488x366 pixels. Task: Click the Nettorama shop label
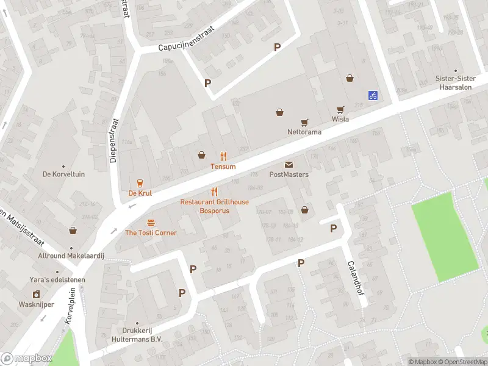pyautogui.click(x=304, y=132)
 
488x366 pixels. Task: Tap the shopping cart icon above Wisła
pyautogui.click(x=340, y=109)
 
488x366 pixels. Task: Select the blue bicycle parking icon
pyautogui.click(x=372, y=95)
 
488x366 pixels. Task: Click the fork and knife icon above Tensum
pyautogui.click(x=223, y=156)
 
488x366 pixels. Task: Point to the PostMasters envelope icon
pyautogui.click(x=289, y=165)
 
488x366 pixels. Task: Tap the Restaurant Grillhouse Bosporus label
pyautogui.click(x=214, y=206)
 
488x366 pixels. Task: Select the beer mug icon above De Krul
pyautogui.click(x=140, y=183)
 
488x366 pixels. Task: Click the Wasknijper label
pyautogui.click(x=37, y=304)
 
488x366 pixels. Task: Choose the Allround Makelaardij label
pyautogui.click(x=71, y=256)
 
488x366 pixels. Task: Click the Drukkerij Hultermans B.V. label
pyautogui.click(x=137, y=335)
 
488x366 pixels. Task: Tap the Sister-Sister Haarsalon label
pyautogui.click(x=455, y=82)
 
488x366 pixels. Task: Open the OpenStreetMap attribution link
pyautogui.click(x=462, y=362)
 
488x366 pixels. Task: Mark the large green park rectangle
pyautogui.click(x=445, y=237)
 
